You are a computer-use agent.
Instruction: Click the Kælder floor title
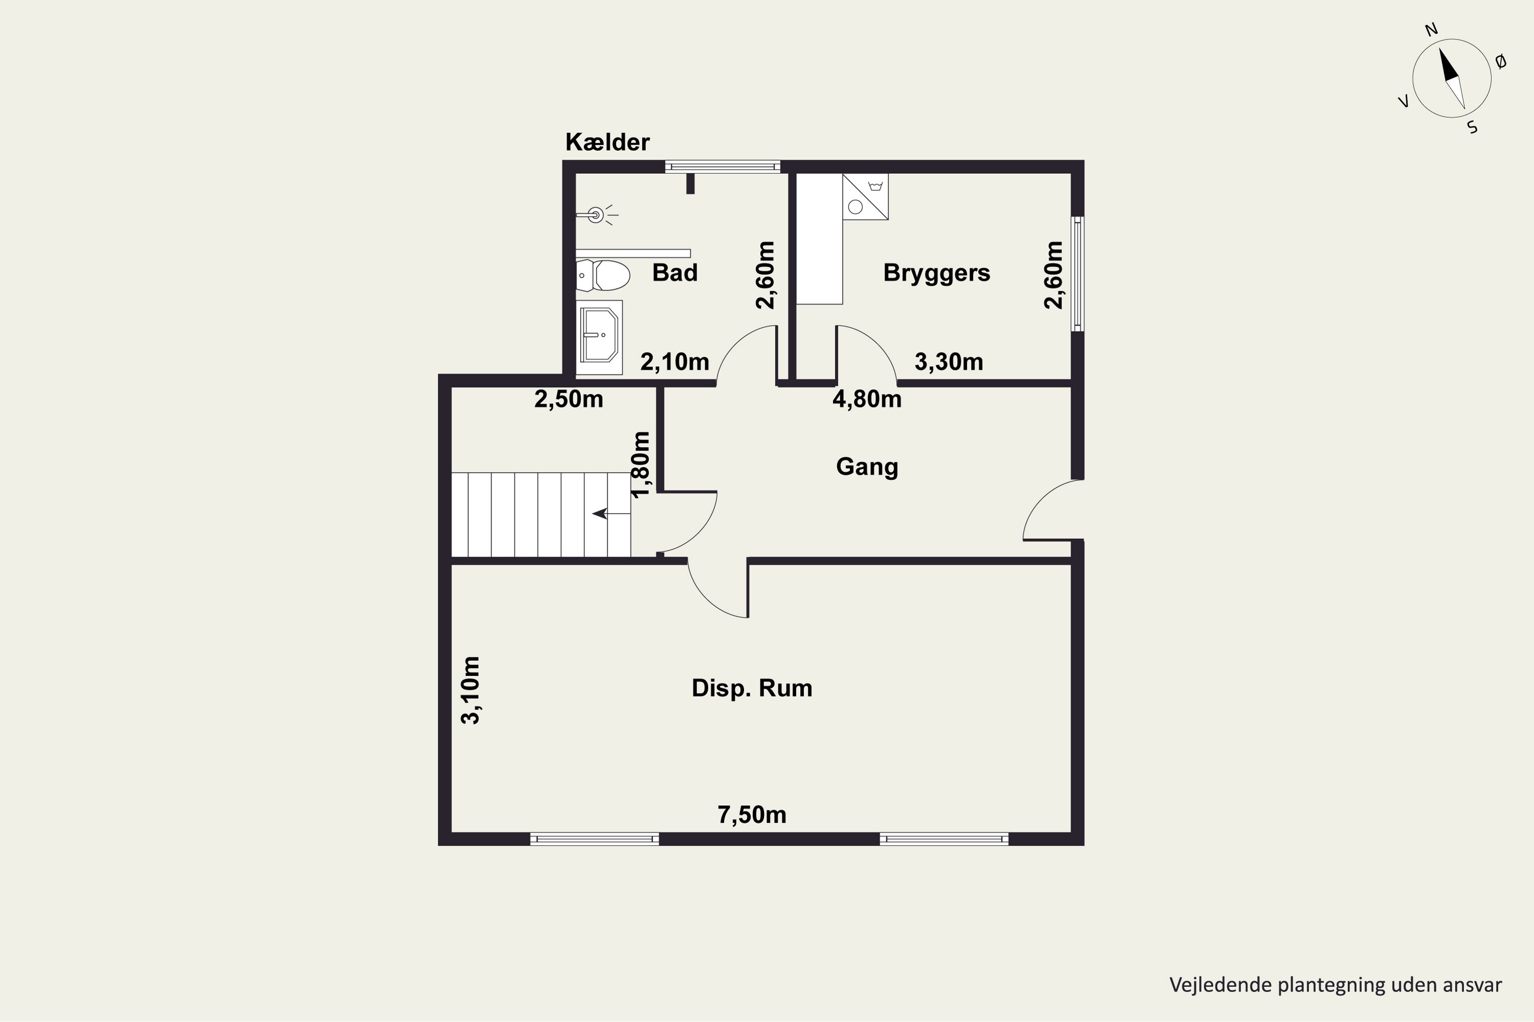tap(607, 142)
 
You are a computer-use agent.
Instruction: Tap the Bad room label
tap(675, 272)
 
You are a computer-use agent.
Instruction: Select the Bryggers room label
tap(937, 273)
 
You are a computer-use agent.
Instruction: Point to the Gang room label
tap(867, 467)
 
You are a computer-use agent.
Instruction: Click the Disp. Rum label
tap(752, 688)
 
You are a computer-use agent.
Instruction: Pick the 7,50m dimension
tap(752, 815)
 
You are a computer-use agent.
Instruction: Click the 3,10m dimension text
tap(470, 690)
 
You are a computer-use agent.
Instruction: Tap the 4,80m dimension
tap(867, 399)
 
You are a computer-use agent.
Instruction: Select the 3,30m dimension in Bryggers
tap(949, 362)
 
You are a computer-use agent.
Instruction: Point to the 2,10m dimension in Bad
tap(674, 362)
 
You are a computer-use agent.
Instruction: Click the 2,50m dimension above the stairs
tap(569, 399)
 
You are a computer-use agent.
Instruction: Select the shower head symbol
tap(597, 215)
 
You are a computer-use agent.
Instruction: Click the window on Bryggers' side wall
tap(1078, 274)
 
